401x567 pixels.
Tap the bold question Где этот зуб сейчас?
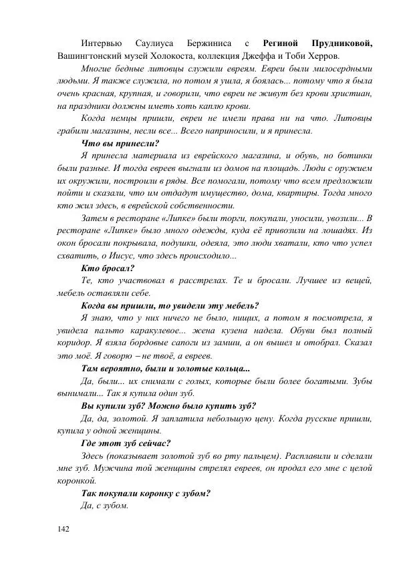(125, 443)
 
